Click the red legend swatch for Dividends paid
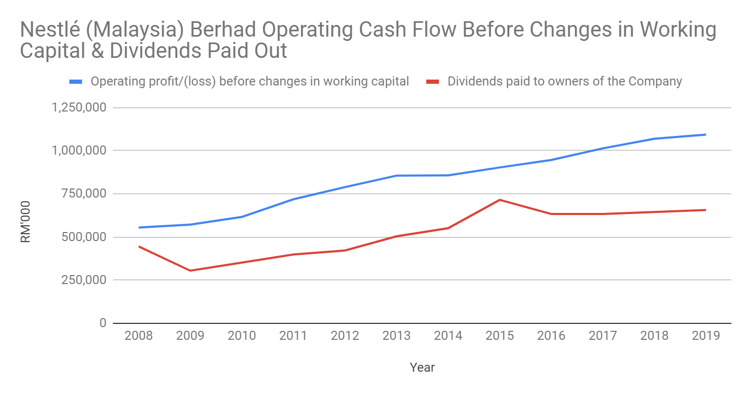434,82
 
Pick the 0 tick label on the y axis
102,323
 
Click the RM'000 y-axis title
25,222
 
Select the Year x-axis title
422,367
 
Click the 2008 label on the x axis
138,336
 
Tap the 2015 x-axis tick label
500,336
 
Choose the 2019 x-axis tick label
706,336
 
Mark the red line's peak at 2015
500,200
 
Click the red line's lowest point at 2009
190,271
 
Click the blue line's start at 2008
138,227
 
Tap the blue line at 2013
396,176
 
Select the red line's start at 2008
138,246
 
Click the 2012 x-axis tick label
345,336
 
